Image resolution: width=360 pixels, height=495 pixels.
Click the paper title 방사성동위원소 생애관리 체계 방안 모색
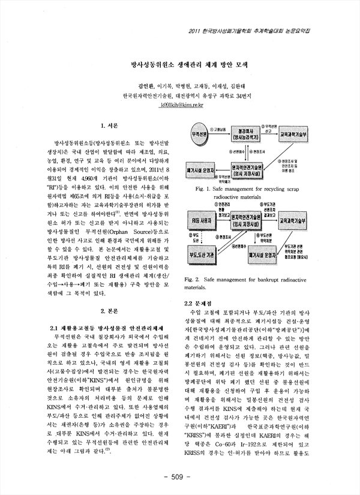pyautogui.click(x=179, y=62)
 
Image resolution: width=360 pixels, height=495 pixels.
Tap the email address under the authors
pyautogui.click(x=179, y=106)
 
